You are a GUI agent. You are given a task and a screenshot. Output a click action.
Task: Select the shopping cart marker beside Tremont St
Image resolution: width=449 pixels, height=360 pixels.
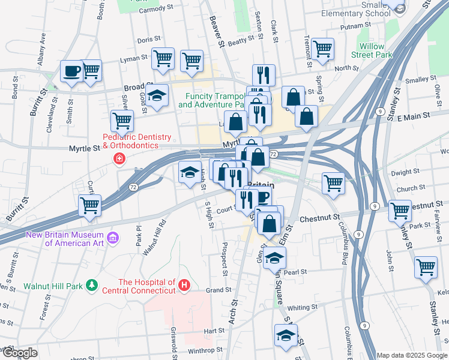(323, 49)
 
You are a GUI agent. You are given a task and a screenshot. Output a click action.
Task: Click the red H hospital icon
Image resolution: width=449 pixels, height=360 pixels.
(185, 283)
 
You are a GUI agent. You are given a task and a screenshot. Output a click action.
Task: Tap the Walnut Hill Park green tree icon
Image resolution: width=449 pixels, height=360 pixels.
(91, 283)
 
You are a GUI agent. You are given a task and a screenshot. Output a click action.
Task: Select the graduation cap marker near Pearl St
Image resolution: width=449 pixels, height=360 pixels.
(274, 259)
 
